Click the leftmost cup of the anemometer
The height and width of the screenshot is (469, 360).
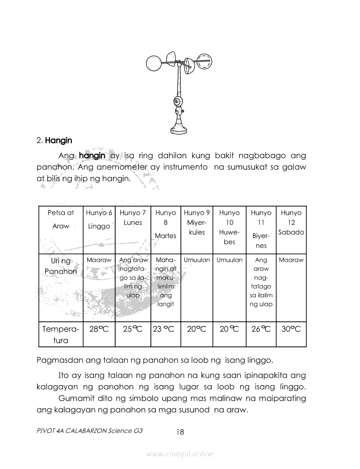click(x=153, y=64)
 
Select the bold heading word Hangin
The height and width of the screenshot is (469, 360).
click(x=58, y=140)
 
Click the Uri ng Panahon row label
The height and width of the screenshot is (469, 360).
click(x=61, y=266)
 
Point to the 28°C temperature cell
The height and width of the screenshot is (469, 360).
click(x=99, y=329)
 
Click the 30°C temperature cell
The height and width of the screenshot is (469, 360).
click(x=291, y=329)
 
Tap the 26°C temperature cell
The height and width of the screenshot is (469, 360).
click(x=261, y=329)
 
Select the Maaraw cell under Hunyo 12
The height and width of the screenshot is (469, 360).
click(x=291, y=260)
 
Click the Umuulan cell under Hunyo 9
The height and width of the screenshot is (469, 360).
click(x=197, y=260)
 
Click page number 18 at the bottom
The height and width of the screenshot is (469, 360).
click(x=180, y=432)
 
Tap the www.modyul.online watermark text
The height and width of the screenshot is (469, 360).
click(x=180, y=454)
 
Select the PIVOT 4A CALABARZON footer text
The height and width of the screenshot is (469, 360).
click(x=90, y=431)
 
